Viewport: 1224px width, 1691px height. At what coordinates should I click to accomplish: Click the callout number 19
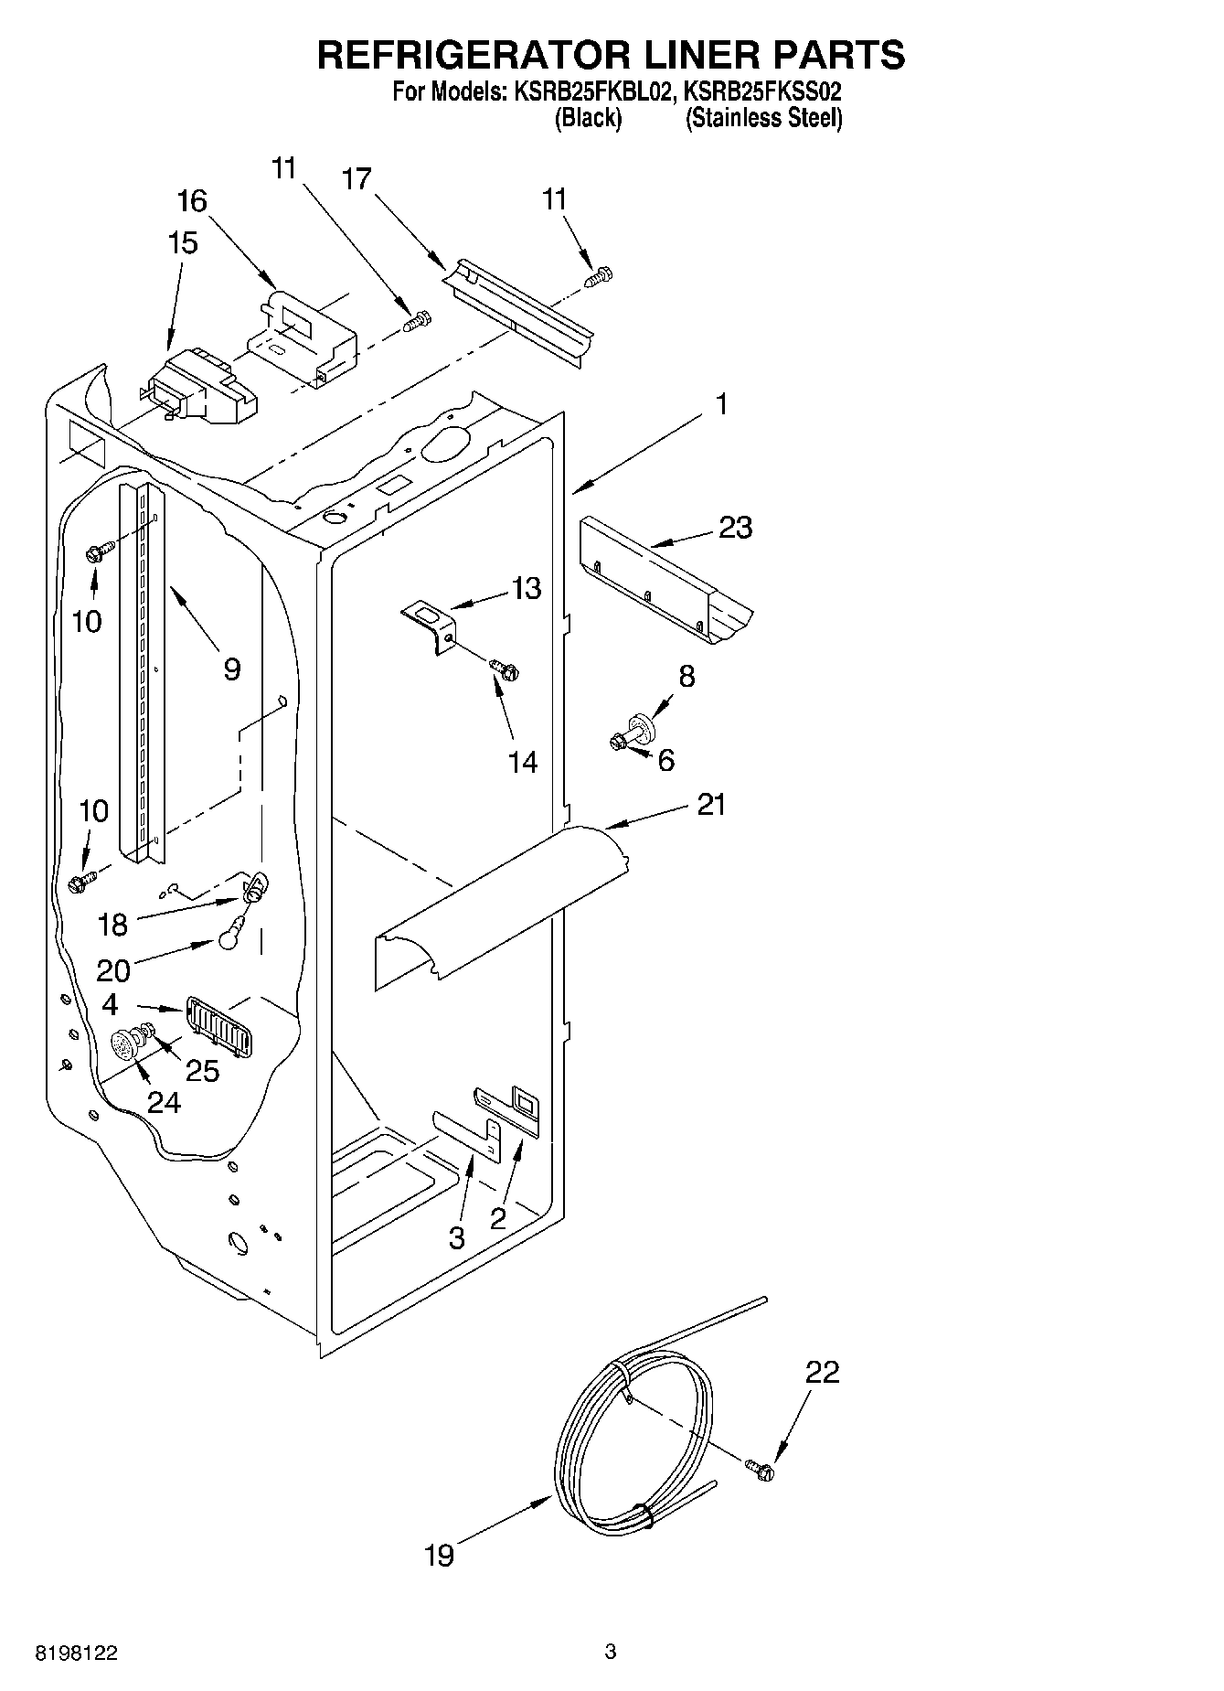[440, 1555]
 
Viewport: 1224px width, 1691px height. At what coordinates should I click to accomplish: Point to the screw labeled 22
[760, 1469]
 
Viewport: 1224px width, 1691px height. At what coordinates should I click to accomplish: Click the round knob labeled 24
[123, 1043]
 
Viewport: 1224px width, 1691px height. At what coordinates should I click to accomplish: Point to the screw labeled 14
[504, 669]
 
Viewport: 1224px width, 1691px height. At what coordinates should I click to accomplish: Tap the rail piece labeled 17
[516, 311]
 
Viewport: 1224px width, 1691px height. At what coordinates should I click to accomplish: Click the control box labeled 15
[201, 389]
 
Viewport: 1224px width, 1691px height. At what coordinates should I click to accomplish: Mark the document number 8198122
[77, 1654]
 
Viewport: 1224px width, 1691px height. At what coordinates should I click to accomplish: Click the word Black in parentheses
[589, 118]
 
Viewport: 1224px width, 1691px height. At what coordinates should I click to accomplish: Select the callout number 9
[231, 669]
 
